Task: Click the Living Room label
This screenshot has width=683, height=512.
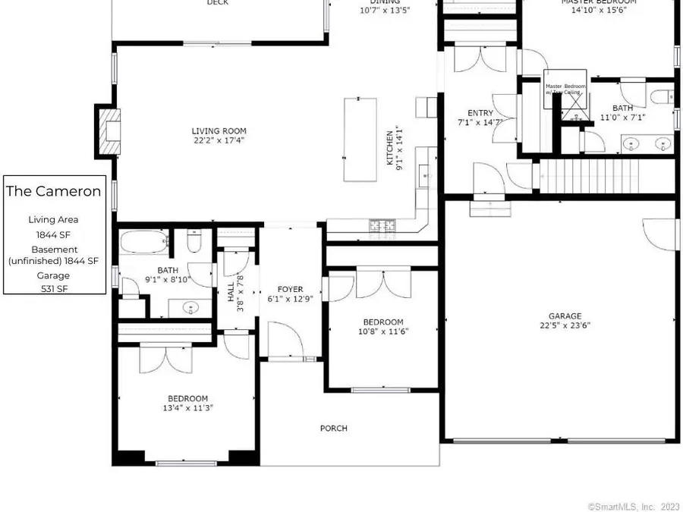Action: point(219,131)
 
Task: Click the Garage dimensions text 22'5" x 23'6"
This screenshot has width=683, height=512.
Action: point(565,325)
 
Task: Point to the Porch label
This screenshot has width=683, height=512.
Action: point(333,429)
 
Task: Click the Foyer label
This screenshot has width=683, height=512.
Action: point(290,289)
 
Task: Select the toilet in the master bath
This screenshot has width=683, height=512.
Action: point(661,97)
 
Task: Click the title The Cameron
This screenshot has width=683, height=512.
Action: point(53,191)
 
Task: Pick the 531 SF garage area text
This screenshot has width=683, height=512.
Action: point(53,288)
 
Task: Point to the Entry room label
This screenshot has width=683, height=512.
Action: point(480,113)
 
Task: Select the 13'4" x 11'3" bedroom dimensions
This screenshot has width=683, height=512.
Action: point(187,407)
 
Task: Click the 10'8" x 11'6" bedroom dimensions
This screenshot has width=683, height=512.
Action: point(382,331)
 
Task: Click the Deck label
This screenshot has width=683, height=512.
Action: point(218,3)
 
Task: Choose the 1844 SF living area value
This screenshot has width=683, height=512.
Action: point(53,234)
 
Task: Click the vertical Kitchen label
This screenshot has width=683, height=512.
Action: point(391,149)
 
